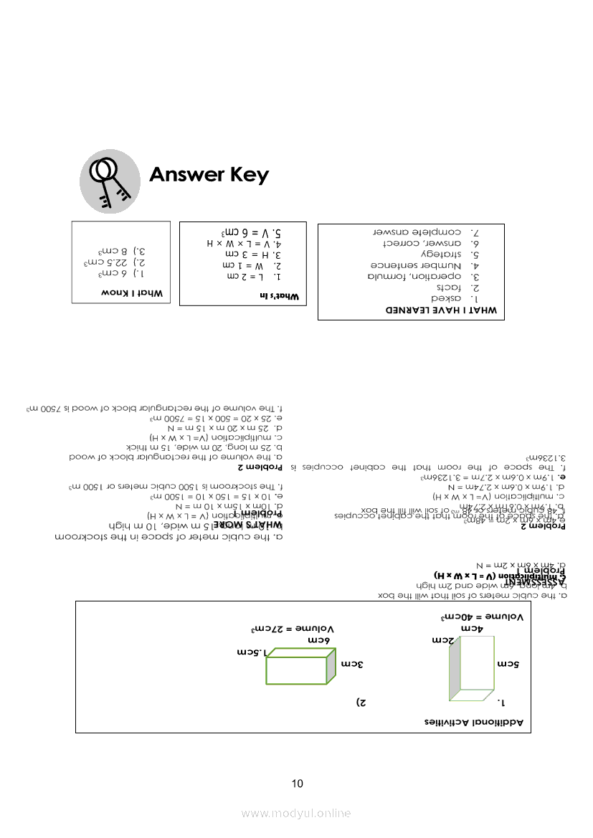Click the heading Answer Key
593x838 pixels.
tap(209, 175)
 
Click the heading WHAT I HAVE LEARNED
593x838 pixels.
tap(442, 310)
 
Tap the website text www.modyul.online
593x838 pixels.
tap(296, 813)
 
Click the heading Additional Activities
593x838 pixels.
tap(476, 722)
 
